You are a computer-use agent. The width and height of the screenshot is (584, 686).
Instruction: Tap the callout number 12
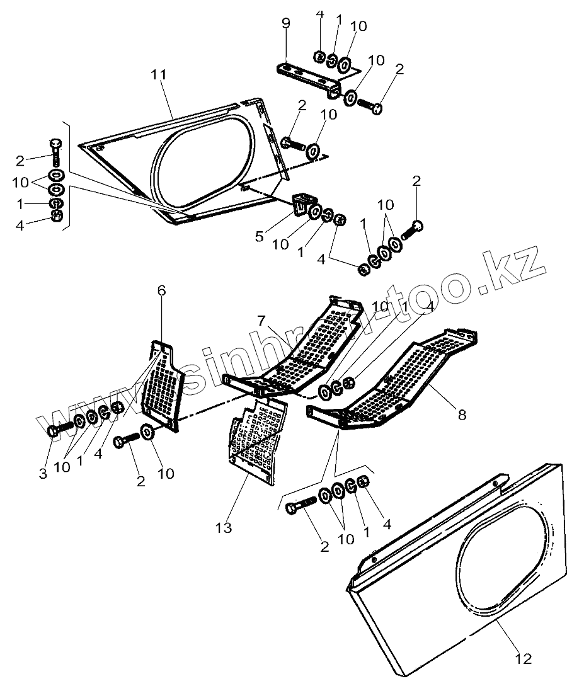click(x=524, y=659)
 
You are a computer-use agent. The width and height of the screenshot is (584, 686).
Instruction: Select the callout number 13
click(x=224, y=527)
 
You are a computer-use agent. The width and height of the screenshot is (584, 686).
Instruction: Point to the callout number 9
click(x=286, y=25)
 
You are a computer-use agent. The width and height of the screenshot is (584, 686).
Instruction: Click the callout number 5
click(x=259, y=237)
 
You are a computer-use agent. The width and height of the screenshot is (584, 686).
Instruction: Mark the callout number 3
click(x=43, y=474)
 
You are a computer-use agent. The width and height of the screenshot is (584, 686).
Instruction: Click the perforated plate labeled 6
click(x=161, y=384)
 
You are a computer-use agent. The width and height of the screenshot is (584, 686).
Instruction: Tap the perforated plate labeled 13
click(x=255, y=444)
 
